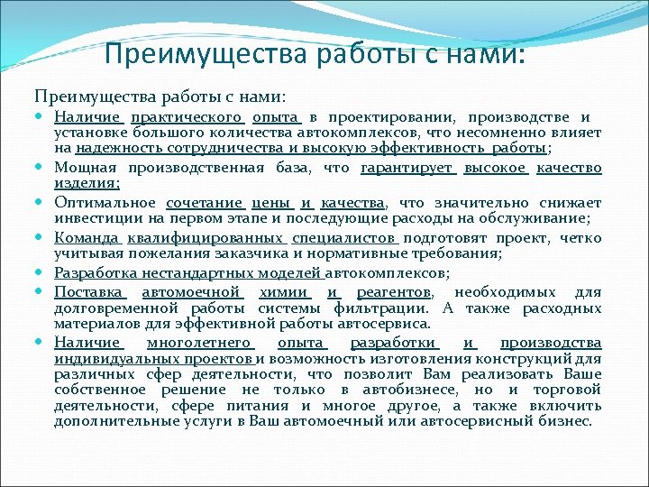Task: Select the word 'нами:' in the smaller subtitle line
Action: point(262,96)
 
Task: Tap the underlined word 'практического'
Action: point(187,117)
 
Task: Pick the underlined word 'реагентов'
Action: point(394,292)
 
